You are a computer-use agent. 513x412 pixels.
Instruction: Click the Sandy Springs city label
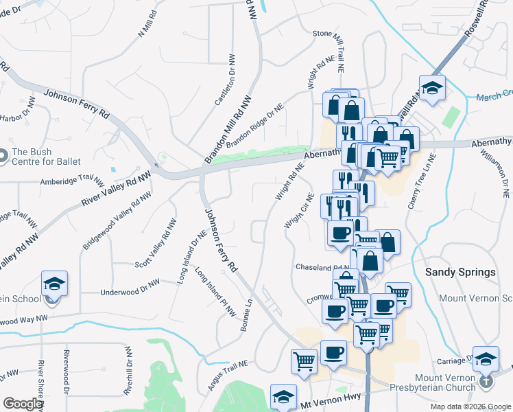[460, 272]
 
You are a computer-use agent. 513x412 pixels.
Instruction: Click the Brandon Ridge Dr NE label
[254, 125]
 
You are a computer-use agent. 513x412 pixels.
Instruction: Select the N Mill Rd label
[147, 23]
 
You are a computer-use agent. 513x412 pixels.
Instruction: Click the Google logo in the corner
[23, 404]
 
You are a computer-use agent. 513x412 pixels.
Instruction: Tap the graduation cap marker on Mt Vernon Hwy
[283, 396]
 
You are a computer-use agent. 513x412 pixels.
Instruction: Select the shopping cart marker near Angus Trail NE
[304, 360]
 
